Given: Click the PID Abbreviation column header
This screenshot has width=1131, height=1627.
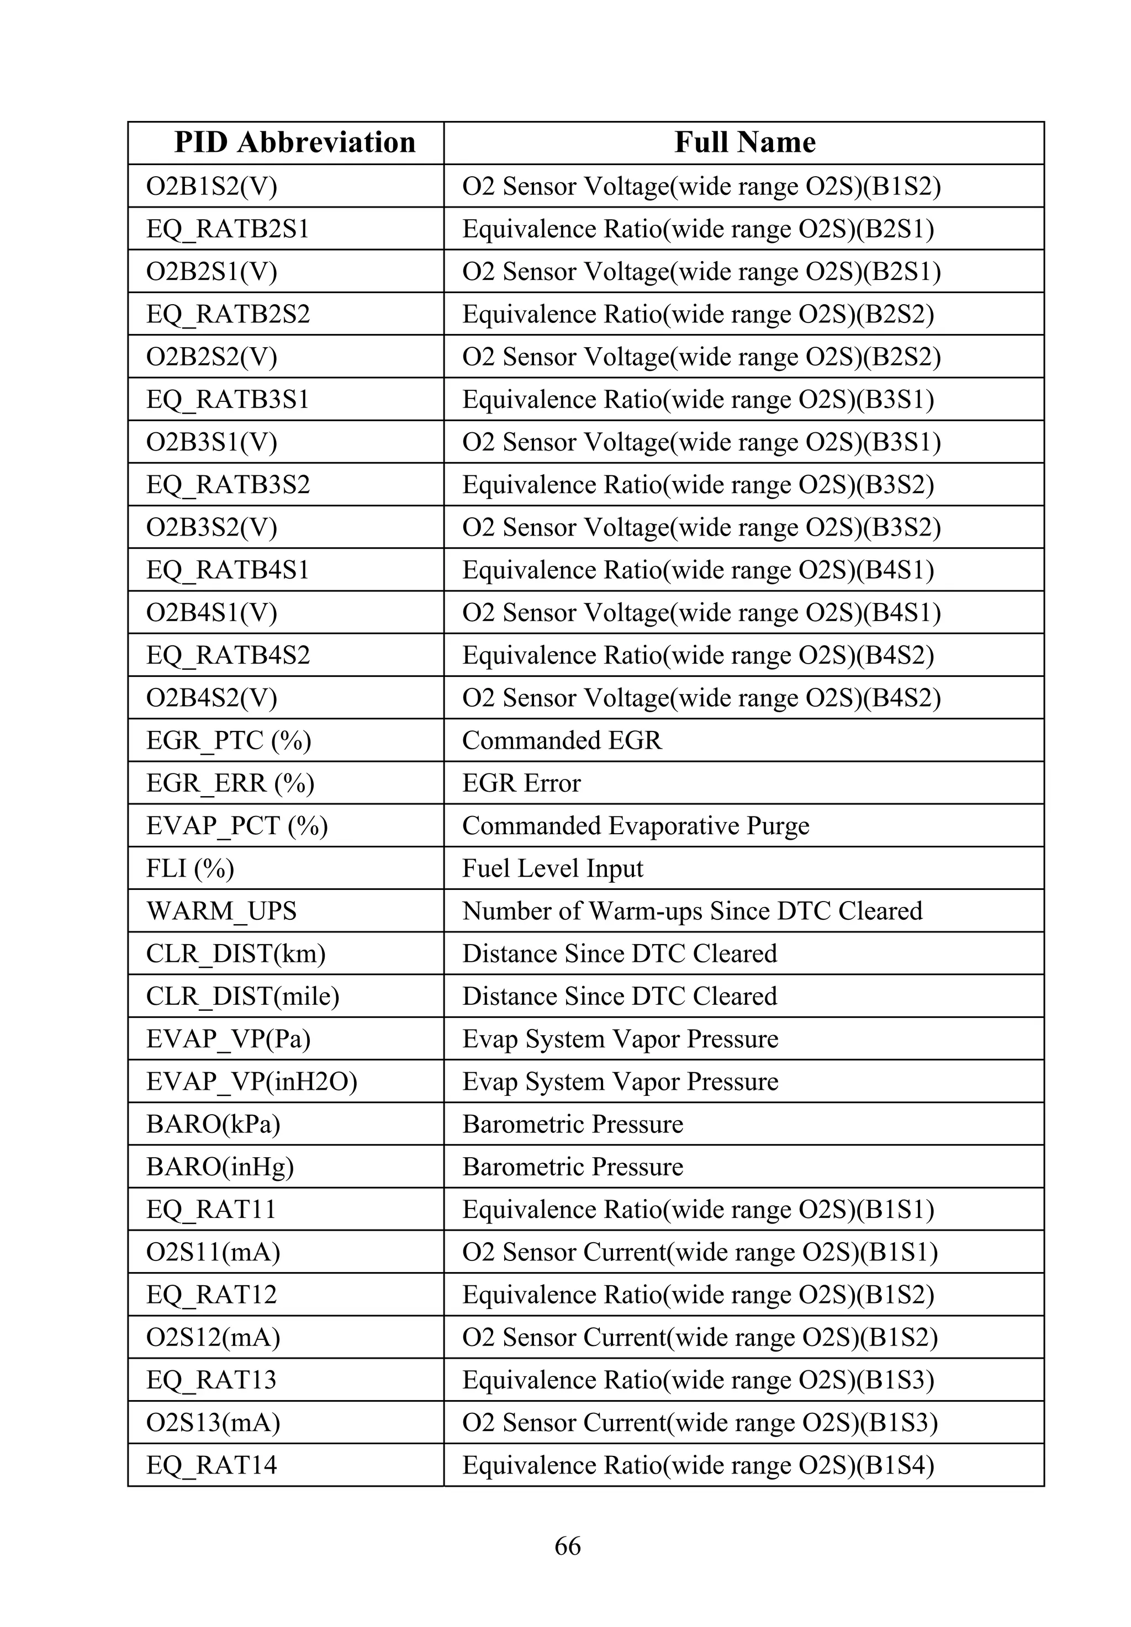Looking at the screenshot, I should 294,142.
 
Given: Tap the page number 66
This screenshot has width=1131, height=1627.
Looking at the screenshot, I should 568,1545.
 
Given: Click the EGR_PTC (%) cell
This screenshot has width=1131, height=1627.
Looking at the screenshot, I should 228,740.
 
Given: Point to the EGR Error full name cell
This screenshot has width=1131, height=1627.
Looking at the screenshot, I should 521,783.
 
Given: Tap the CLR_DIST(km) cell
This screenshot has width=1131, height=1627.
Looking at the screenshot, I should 235,953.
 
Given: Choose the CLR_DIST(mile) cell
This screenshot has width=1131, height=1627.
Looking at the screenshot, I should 242,996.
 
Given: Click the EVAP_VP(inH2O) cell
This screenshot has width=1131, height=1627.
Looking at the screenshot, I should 252,1081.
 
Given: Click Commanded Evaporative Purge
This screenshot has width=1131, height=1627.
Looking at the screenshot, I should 635,825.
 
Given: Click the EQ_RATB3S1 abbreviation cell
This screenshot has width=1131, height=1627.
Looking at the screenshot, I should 228,400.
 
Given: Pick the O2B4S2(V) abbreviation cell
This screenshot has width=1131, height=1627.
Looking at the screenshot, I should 211,698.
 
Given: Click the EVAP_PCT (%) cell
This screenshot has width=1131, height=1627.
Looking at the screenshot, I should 237,825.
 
